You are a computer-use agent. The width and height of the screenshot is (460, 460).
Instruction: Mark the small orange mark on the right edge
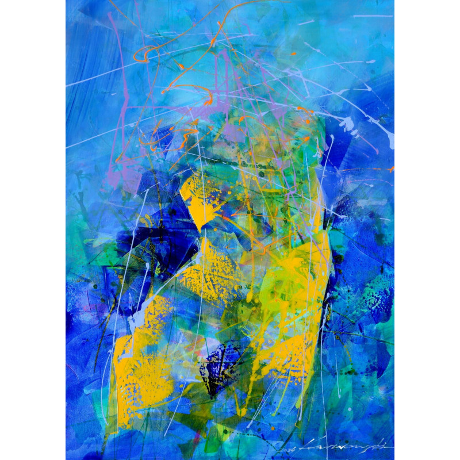[x=390, y=170]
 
